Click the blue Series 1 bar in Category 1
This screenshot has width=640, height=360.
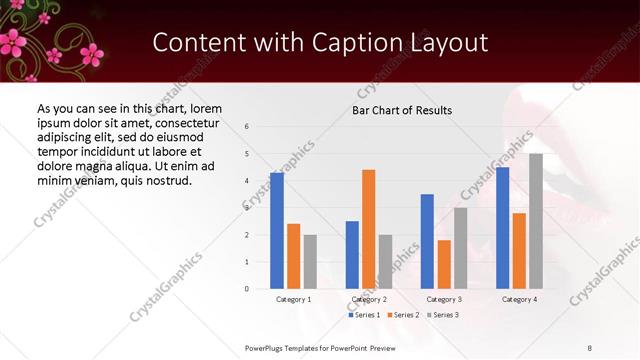[x=277, y=231]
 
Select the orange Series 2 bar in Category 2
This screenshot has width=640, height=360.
[x=369, y=229]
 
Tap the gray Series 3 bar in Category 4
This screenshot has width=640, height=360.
[x=536, y=221]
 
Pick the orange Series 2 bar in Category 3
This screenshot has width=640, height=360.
[x=444, y=264]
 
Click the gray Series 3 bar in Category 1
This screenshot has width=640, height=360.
[x=310, y=262]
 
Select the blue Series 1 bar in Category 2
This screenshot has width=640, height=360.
[x=352, y=255]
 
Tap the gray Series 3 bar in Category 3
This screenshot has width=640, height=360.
[x=461, y=248]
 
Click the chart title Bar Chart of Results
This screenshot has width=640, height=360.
[x=402, y=110]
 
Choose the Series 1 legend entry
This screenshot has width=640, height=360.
[x=365, y=315]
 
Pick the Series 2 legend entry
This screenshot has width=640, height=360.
[x=403, y=315]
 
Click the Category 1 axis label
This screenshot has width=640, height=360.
[x=294, y=299]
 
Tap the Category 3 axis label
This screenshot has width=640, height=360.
[x=444, y=299]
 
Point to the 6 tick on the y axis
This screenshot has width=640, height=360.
[x=247, y=127]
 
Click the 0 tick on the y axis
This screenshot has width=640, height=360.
[x=247, y=289]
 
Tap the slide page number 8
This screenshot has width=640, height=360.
[x=590, y=347]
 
